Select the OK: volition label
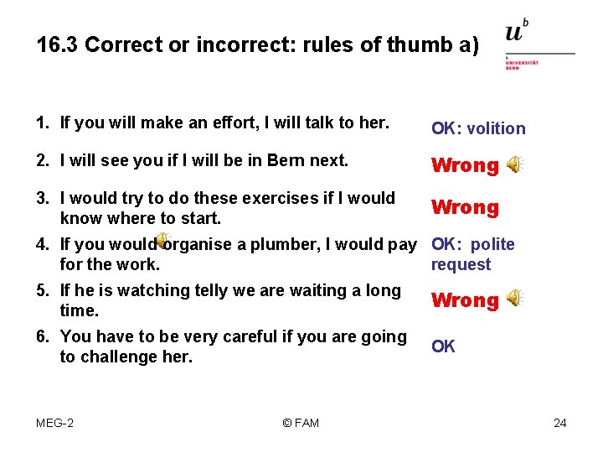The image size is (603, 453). pyautogui.click(x=478, y=128)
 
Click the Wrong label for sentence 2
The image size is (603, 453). pyautogui.click(x=465, y=165)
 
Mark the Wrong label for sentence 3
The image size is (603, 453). pyautogui.click(x=465, y=207)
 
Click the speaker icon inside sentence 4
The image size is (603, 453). pyautogui.click(x=164, y=242)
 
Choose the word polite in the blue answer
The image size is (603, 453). pyautogui.click(x=492, y=245)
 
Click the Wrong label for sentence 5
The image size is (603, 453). pyautogui.click(x=465, y=300)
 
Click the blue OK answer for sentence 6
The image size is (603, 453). pyautogui.click(x=443, y=346)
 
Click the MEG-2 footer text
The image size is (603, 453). pyautogui.click(x=54, y=423)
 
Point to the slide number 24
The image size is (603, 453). pyautogui.click(x=560, y=423)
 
